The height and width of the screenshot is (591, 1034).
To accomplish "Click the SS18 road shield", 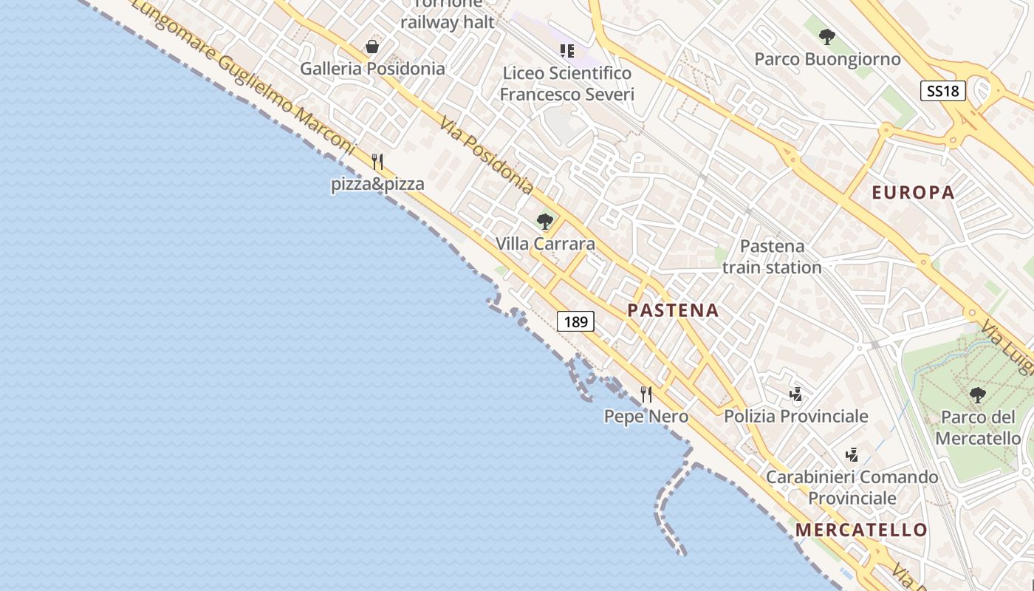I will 943,91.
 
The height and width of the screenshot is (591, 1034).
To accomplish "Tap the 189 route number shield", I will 575,321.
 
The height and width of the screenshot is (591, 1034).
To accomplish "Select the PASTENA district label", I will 673,310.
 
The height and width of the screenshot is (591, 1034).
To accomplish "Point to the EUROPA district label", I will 914,193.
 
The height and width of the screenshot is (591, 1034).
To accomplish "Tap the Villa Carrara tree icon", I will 545,222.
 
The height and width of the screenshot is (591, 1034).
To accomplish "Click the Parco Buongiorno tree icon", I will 827,37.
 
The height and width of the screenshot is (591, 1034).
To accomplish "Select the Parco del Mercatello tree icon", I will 978,395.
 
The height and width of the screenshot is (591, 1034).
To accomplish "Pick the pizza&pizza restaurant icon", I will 377,162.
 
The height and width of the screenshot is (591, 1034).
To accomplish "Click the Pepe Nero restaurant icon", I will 646,394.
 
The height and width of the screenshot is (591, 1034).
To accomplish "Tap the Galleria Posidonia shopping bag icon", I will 372,47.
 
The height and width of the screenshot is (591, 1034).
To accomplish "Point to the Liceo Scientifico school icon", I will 566,51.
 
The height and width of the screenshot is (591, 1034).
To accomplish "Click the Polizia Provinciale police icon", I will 795,394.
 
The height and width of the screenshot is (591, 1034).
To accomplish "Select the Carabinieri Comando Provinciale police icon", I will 852,454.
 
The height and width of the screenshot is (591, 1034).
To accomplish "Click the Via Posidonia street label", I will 486,155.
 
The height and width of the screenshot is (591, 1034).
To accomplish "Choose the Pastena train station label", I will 772,256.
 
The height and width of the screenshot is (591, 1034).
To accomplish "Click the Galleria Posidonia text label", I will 372,69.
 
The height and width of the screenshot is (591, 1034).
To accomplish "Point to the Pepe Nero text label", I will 646,417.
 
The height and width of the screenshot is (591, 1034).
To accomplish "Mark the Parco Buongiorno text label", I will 827,59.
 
